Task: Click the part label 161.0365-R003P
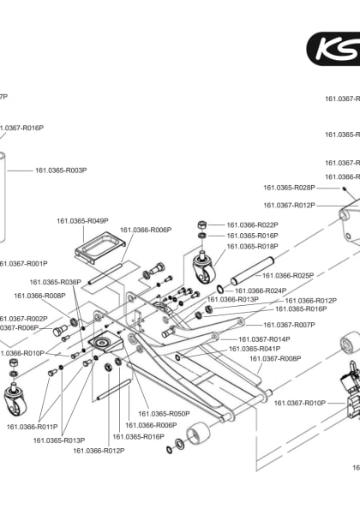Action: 61,171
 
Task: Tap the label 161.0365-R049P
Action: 82,221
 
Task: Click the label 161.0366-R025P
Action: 287,276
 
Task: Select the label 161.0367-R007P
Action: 289,325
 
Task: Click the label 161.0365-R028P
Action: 289,187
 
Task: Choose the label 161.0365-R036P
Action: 55,282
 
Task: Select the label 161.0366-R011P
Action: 32,426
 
